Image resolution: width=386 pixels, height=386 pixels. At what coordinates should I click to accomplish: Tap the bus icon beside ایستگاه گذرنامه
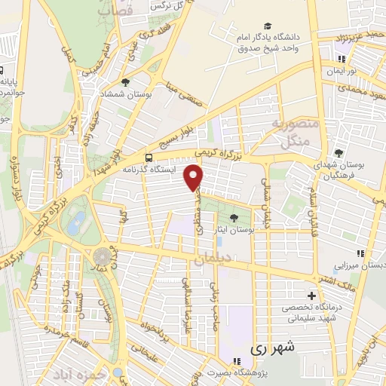tap(149, 158)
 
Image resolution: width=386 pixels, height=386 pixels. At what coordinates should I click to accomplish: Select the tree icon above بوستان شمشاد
tap(125, 82)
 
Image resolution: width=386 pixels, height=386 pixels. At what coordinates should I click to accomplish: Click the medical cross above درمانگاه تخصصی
tap(311, 295)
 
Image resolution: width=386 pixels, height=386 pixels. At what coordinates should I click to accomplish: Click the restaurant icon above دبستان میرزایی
tap(360, 253)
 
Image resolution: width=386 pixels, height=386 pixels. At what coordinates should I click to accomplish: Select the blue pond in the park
tap(77, 222)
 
